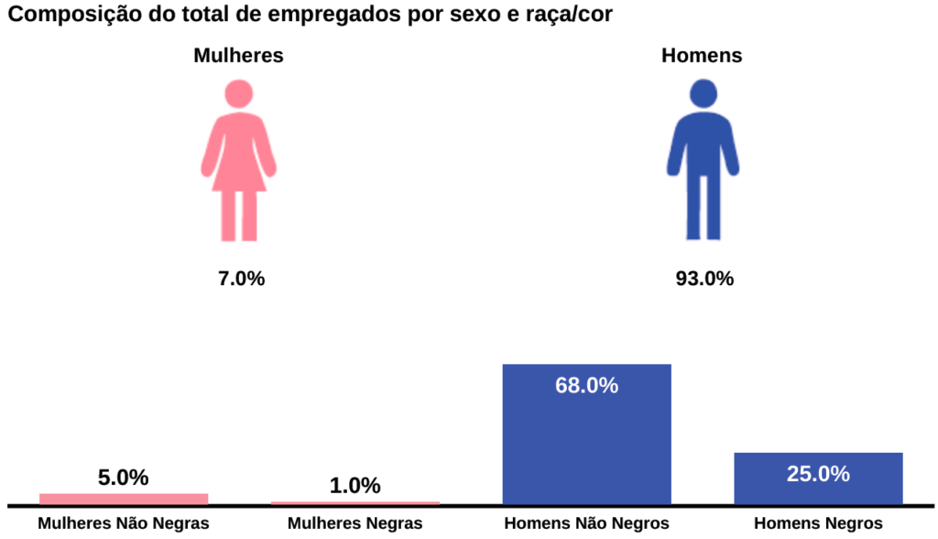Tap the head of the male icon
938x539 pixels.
[x=703, y=93]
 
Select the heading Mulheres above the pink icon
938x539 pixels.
[x=238, y=55]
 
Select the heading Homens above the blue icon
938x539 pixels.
[x=702, y=55]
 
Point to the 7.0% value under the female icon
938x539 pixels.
[x=241, y=279]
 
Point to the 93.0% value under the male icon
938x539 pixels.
[x=704, y=279]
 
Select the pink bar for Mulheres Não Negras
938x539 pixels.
[x=124, y=499]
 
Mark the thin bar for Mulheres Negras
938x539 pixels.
[x=355, y=502]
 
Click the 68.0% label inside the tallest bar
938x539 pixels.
[x=586, y=385]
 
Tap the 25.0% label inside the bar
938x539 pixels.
[x=818, y=474]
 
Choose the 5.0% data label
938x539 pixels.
[x=123, y=478]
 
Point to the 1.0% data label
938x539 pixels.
[x=354, y=486]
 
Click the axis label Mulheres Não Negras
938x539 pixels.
[x=124, y=523]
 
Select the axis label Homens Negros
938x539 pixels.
[x=818, y=523]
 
